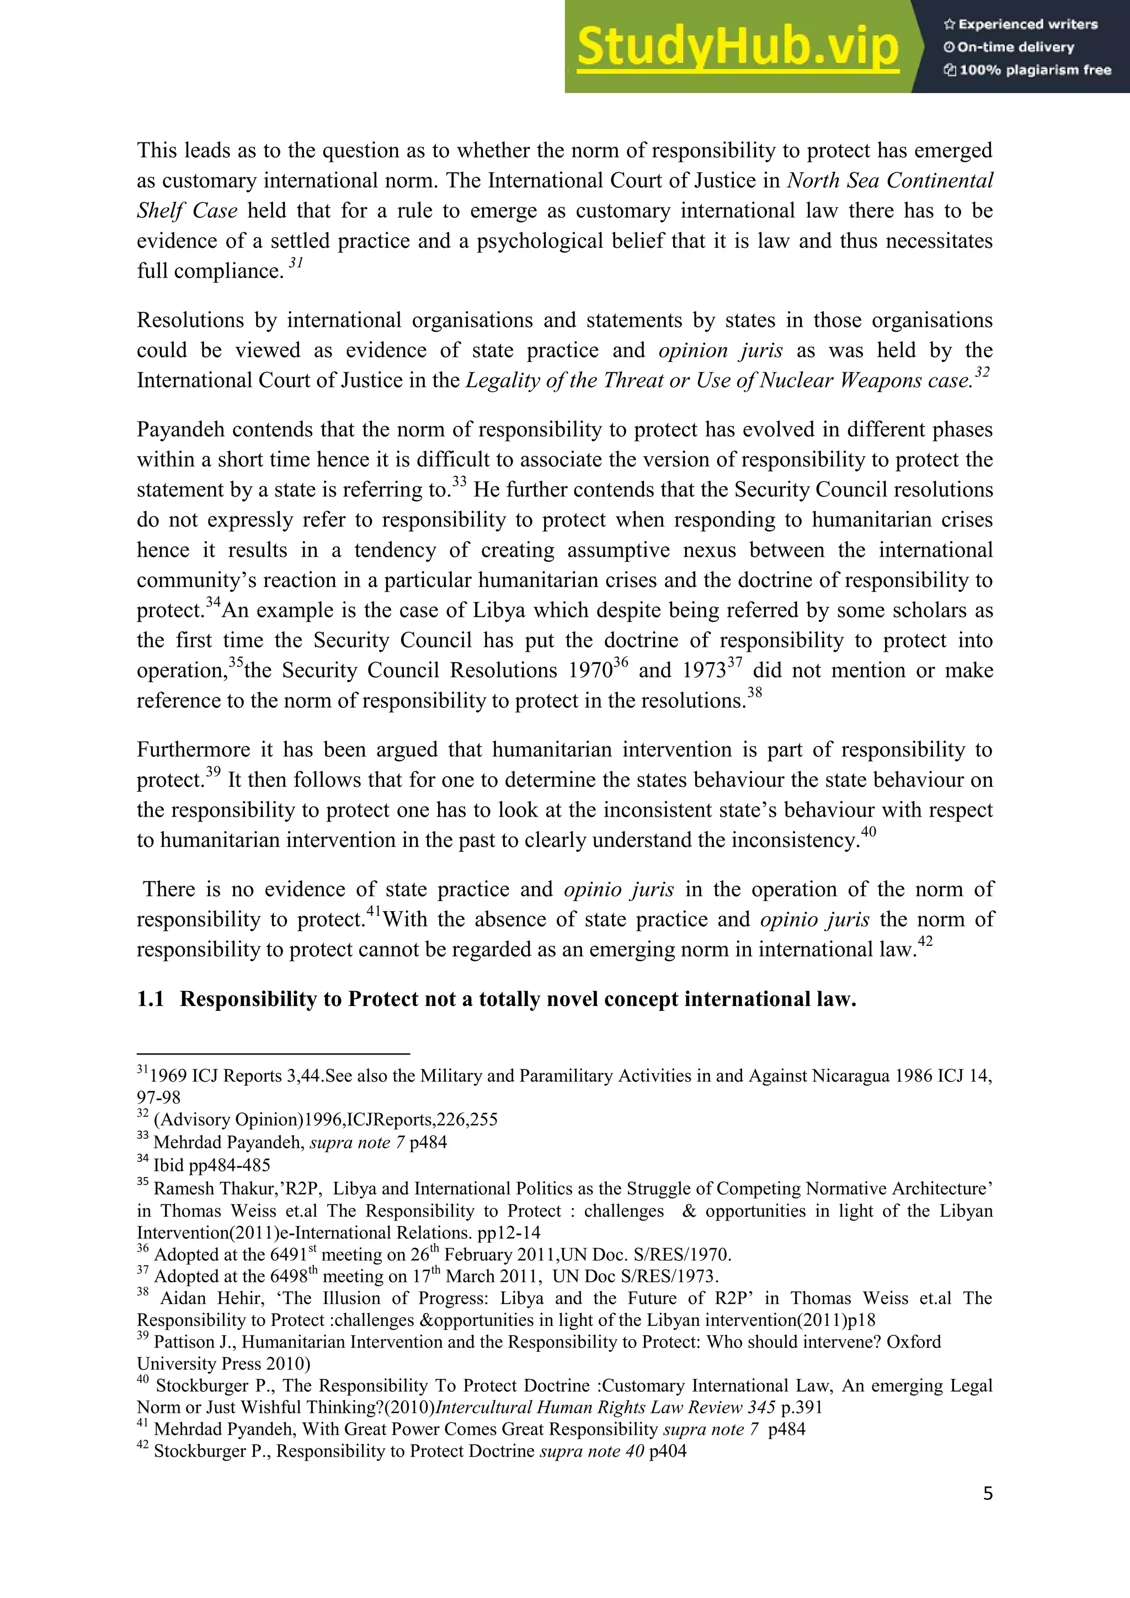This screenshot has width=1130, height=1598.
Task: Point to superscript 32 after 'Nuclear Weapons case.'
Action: [981, 372]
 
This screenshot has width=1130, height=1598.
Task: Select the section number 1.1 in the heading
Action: [150, 999]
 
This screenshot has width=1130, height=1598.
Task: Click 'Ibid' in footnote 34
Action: [168, 1165]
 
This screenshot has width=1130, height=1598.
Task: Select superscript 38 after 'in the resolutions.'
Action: [754, 693]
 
